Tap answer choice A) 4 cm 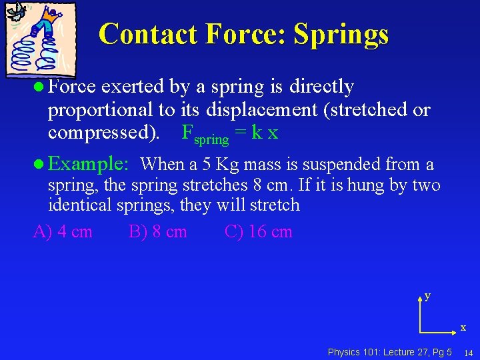pos(63,232)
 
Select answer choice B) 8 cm pos(158,232)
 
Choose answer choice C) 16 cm pos(259,232)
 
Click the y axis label pos(427,295)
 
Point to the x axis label pos(463,327)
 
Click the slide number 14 pos(469,353)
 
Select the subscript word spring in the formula pos(211,139)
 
